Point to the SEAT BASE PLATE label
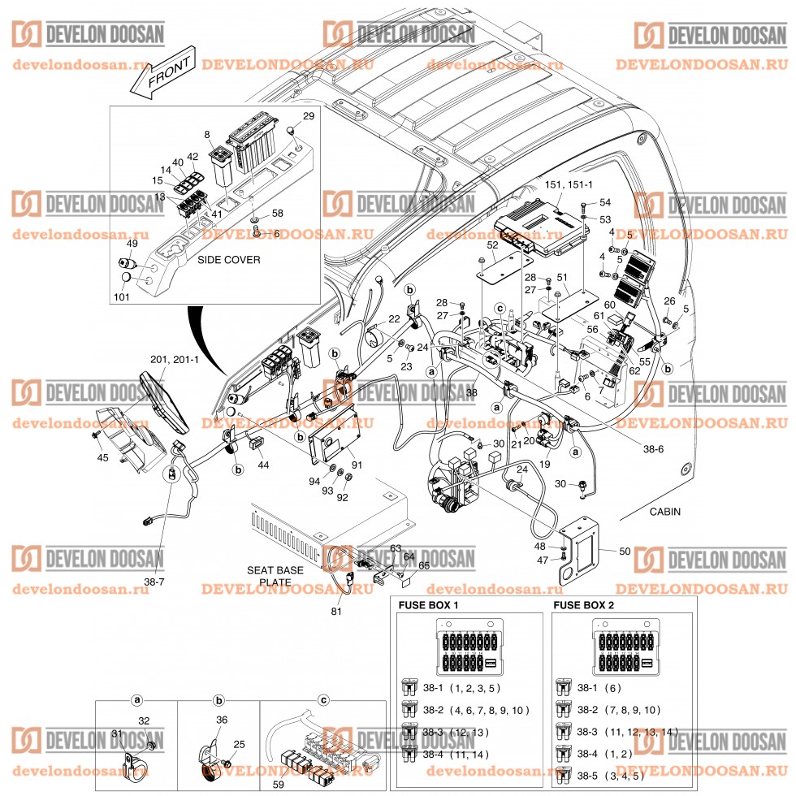(x=275, y=576)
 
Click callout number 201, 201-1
(x=174, y=359)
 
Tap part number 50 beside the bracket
(x=624, y=552)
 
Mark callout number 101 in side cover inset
(x=120, y=296)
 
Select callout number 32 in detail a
(x=144, y=720)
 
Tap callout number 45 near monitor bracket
(x=102, y=458)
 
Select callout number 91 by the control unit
(x=357, y=465)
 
